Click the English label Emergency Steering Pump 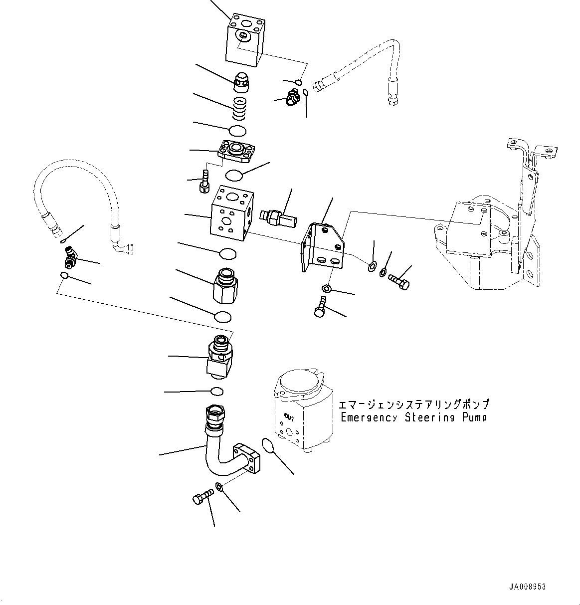coord(413,417)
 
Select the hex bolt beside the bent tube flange coord(201,497)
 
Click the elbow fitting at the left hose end coord(69,257)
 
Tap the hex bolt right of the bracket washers coord(398,281)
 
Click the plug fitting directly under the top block coord(242,81)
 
